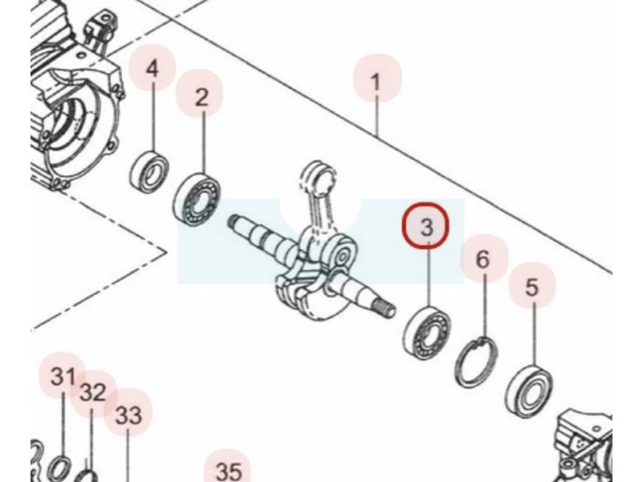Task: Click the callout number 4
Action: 152,68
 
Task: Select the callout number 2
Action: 202,97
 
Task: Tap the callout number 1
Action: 376,82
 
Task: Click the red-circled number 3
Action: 427,227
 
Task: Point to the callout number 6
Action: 483,259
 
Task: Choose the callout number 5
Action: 531,287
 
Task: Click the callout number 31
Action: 63,376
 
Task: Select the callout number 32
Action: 93,392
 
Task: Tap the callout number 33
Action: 129,415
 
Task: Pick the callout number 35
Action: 228,472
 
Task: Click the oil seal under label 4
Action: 150,170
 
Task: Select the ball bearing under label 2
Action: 197,199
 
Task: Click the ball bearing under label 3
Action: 427,332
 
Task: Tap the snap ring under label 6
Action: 478,361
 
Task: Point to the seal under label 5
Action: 530,390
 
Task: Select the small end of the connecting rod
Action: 317,173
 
